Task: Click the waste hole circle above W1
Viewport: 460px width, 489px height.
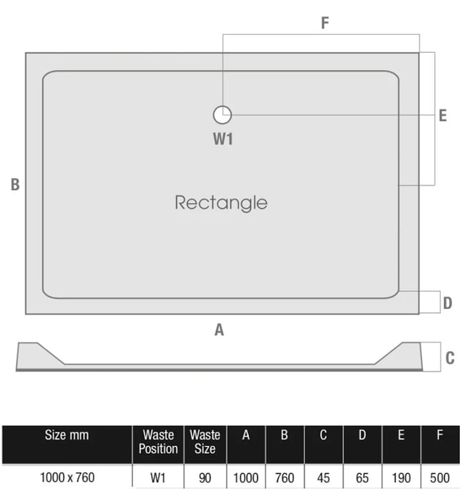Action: (x=222, y=114)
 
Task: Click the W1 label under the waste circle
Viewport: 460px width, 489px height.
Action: (x=222, y=139)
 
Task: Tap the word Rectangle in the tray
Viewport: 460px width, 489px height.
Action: (x=221, y=202)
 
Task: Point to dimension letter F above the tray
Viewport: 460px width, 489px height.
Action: (x=325, y=23)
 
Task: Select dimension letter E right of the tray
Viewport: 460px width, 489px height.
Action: (x=443, y=114)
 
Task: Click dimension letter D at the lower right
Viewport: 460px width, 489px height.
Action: (x=447, y=303)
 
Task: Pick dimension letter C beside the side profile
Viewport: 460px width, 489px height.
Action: (x=449, y=358)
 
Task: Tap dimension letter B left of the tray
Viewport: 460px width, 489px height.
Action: (x=15, y=184)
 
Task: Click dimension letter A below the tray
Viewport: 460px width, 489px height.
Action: (x=220, y=330)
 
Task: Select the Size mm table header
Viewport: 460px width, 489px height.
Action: (x=66, y=435)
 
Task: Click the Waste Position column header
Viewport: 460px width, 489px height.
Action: (x=158, y=442)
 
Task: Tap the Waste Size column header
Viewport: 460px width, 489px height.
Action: (x=205, y=442)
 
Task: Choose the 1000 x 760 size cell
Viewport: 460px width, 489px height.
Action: (x=66, y=477)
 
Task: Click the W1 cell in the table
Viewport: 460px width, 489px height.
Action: (x=158, y=477)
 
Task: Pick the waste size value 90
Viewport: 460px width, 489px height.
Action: (x=205, y=477)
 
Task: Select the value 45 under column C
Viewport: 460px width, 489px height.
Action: (x=323, y=477)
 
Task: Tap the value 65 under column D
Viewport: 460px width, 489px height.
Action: (x=362, y=477)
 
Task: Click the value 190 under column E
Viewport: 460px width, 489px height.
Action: (x=401, y=477)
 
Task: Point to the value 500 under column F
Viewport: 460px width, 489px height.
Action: (x=440, y=477)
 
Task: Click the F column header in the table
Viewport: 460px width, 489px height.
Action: (x=440, y=435)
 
